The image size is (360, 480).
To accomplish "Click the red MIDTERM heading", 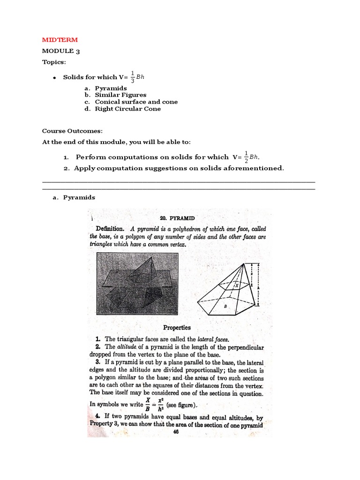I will click(x=60, y=40).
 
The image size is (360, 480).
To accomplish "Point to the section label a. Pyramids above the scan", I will click(x=74, y=197).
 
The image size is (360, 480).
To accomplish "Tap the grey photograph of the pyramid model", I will click(x=137, y=284).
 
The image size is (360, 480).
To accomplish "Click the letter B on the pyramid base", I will click(x=225, y=306).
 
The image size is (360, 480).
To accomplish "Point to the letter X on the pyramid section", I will click(x=237, y=285).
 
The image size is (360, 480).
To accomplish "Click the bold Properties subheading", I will click(x=177, y=328).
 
